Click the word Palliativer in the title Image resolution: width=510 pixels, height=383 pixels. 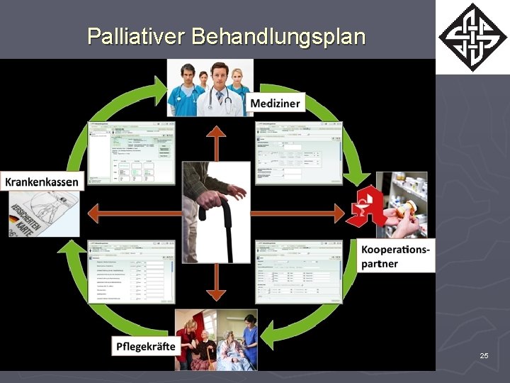[x=135, y=36]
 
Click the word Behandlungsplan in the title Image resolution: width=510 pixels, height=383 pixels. [x=278, y=36]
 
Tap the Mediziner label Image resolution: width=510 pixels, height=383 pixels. [x=275, y=104]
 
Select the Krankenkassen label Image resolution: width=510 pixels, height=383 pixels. [x=42, y=181]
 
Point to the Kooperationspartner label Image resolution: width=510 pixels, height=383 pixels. [x=395, y=257]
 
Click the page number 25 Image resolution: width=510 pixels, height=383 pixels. [x=484, y=355]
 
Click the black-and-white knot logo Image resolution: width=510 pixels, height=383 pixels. [x=472, y=37]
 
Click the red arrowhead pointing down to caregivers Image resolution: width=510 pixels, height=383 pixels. [x=216, y=293]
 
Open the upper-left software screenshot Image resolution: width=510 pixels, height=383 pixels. [x=132, y=152]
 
